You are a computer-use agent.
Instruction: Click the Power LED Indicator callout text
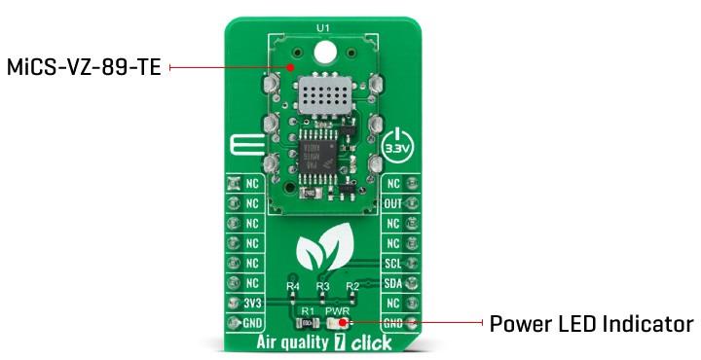[591, 323]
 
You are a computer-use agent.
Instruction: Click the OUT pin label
[393, 204]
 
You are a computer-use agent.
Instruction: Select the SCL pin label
[393, 263]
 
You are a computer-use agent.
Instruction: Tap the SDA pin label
[393, 282]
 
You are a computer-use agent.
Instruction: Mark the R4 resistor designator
[293, 288]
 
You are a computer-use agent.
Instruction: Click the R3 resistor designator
[322, 288]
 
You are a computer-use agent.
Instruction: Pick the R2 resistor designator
[351, 288]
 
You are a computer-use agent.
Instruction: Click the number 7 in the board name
[339, 343]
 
